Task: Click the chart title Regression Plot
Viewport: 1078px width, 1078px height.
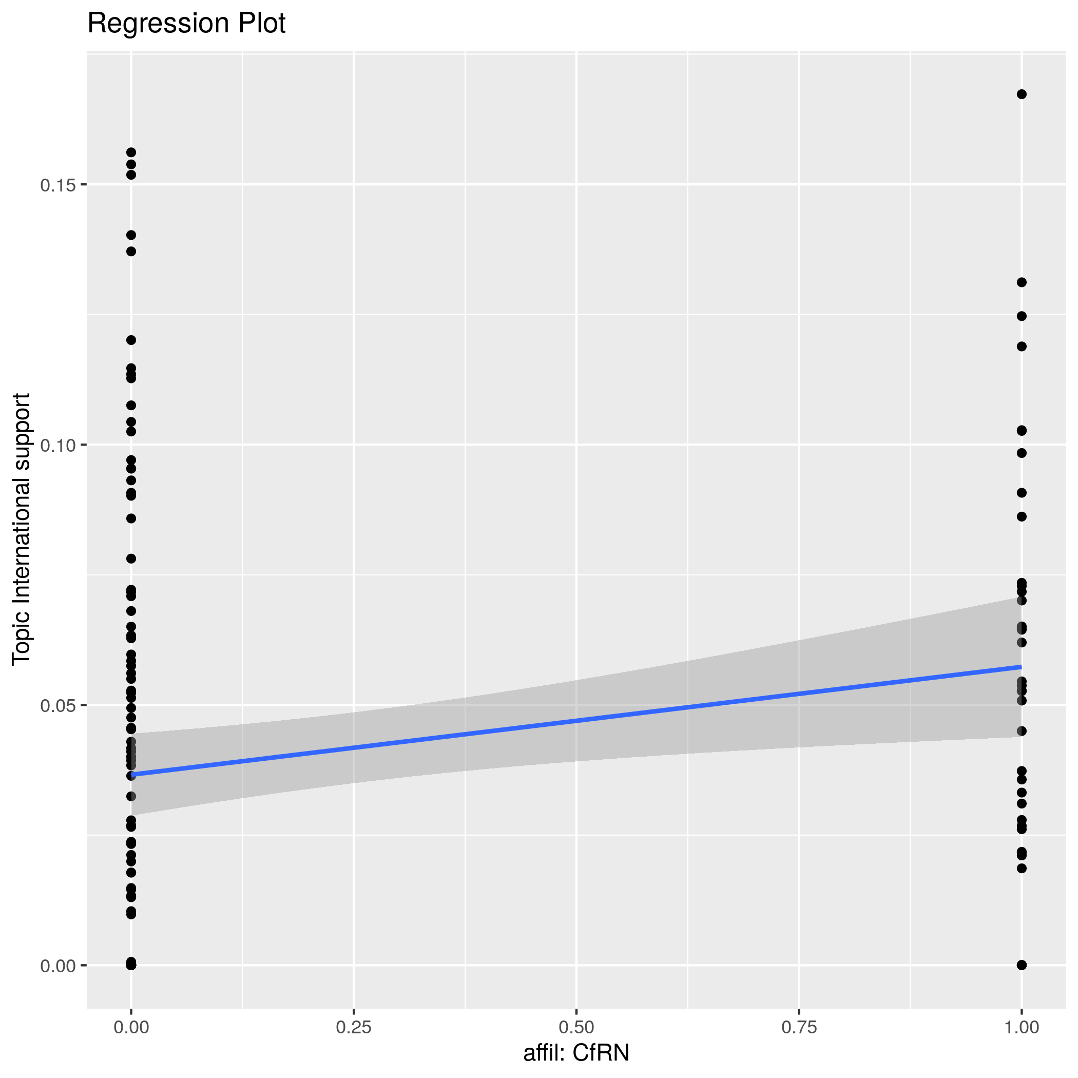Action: click(186, 24)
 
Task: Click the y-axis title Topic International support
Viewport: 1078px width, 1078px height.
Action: click(21, 529)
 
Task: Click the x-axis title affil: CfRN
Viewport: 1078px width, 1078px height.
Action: click(576, 1052)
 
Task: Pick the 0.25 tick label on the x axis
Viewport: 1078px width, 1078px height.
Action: click(354, 1027)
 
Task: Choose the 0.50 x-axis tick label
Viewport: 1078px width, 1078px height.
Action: click(576, 1027)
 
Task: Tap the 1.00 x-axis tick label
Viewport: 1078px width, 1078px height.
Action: click(1021, 1027)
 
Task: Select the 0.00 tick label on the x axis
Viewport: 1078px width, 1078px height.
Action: click(131, 1027)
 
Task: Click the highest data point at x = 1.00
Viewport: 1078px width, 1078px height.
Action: click(1022, 94)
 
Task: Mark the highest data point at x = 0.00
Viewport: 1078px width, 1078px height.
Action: click(131, 152)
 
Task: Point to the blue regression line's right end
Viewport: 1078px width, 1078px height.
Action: click(1021, 667)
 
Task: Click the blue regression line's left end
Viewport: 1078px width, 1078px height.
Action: click(132, 775)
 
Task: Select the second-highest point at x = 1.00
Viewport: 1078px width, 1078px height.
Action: click(1022, 282)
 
